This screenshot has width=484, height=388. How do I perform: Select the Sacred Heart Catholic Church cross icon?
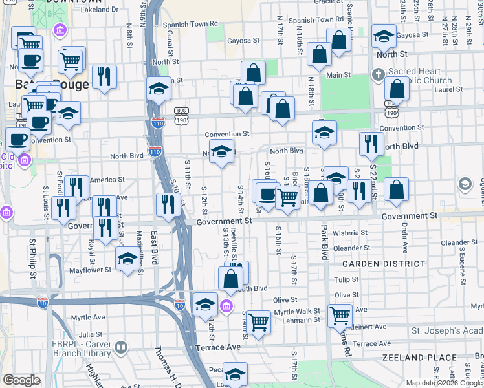[x=379, y=74]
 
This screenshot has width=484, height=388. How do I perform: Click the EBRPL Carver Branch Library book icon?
[x=120, y=349]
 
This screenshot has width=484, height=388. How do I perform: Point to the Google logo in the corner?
[x=21, y=380]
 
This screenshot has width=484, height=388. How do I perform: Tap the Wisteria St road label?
[x=349, y=232]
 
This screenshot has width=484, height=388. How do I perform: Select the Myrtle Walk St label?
[x=297, y=311]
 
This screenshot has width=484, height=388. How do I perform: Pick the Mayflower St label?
[x=87, y=269]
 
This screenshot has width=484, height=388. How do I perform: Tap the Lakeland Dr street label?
[x=100, y=10]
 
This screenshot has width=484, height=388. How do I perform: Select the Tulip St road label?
[x=347, y=279]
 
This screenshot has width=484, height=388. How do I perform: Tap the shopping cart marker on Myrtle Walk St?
[x=340, y=316]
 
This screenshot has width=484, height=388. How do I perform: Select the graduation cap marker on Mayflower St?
[x=128, y=259]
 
